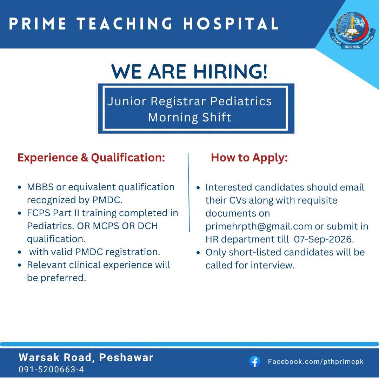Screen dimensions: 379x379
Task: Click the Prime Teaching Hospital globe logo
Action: [x=352, y=31]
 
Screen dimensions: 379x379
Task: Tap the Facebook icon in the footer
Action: [x=254, y=362]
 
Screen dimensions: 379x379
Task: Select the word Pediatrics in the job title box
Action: [x=241, y=101]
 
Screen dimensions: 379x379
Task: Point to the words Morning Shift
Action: [x=190, y=118]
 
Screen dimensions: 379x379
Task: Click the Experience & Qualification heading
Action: [x=91, y=158]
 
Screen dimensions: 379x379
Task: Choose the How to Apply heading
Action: [x=250, y=158]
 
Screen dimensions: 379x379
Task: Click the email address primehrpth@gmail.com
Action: [x=259, y=226]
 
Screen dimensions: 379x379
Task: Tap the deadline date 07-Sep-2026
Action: [x=324, y=239]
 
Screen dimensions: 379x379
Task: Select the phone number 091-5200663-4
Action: [x=51, y=369]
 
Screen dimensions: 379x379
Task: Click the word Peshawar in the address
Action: [x=126, y=358]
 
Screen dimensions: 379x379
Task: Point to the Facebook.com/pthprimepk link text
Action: [x=316, y=361]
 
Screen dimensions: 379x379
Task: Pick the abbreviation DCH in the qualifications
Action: [x=148, y=226]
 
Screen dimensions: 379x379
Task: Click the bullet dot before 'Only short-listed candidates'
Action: [x=198, y=253]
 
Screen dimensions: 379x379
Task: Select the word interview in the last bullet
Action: [x=273, y=265]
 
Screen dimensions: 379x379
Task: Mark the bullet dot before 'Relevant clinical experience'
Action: [x=20, y=265]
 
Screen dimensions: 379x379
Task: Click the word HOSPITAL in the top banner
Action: [x=231, y=24]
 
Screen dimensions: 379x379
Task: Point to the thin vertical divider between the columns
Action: [x=189, y=192]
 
